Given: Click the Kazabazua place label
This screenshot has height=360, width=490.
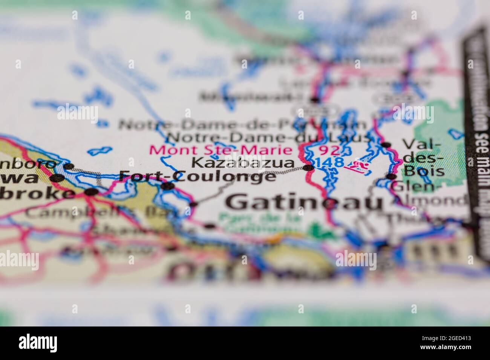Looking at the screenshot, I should (x=243, y=163).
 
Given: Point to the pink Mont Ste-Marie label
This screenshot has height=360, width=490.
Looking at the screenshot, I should (x=221, y=149).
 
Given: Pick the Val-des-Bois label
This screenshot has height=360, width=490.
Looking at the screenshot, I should (x=423, y=158).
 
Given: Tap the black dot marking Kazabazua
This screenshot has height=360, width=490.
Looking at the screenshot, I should (x=308, y=168).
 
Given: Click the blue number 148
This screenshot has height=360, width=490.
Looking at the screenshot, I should (x=330, y=162).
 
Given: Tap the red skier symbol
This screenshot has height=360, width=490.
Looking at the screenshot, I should (x=357, y=166).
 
